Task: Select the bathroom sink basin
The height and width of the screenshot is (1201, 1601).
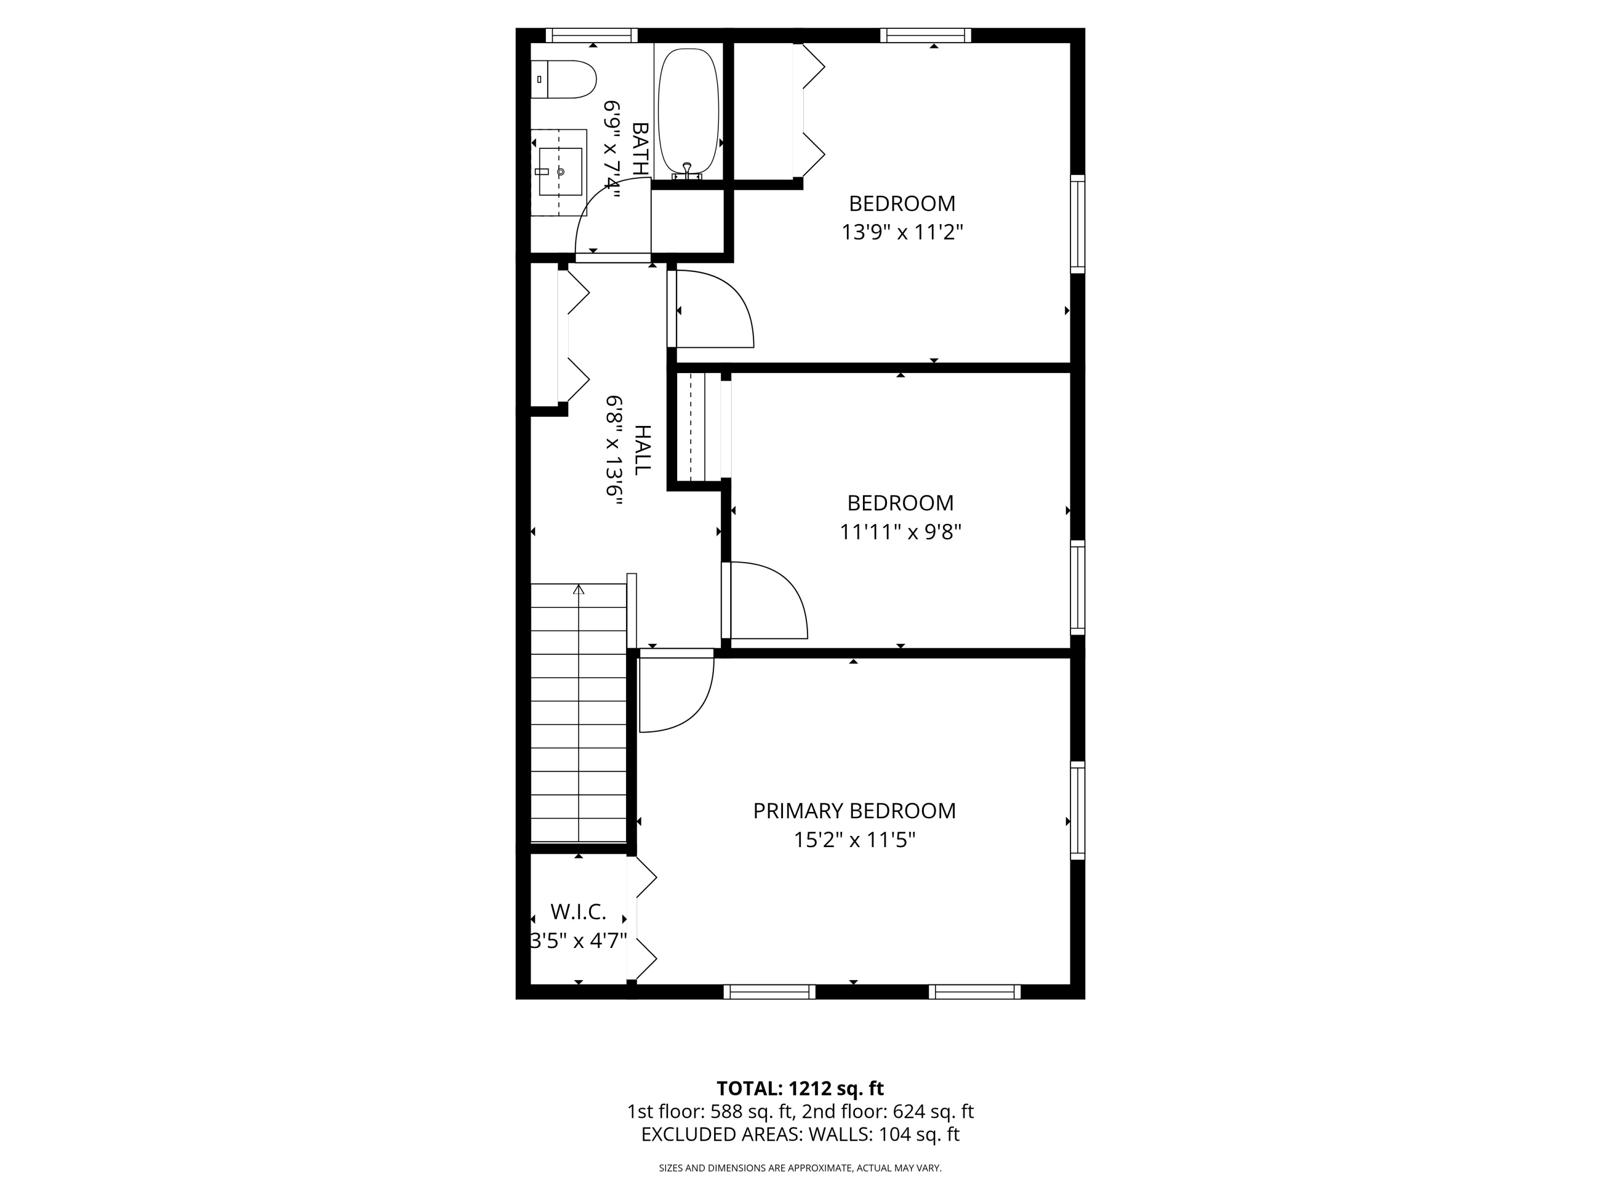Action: (x=560, y=171)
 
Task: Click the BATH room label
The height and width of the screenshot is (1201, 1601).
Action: (x=640, y=148)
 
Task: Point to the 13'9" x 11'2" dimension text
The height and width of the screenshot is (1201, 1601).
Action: (x=902, y=232)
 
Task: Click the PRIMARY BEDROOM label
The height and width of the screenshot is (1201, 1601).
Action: (x=854, y=811)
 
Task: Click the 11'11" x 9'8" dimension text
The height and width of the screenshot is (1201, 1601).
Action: (x=900, y=532)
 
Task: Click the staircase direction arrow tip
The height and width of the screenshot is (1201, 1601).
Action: (x=578, y=589)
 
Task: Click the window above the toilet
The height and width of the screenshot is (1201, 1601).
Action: (x=591, y=35)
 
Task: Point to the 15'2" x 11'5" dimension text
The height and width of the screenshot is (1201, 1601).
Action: (x=854, y=840)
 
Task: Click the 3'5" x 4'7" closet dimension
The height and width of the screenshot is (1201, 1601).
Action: (x=579, y=941)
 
